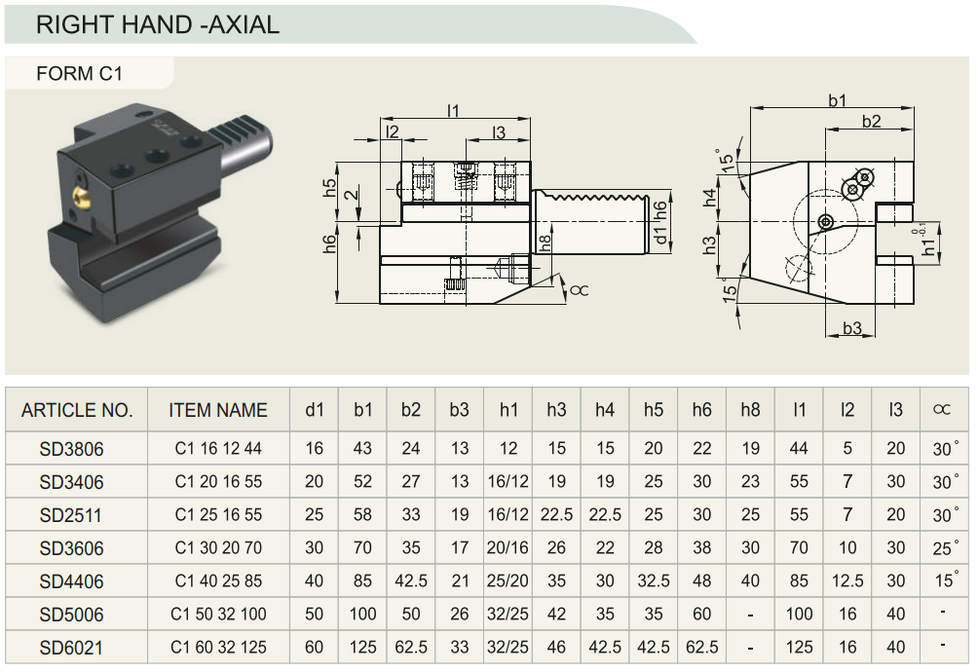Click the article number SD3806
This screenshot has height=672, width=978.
point(71,449)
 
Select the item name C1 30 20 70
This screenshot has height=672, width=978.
point(218,548)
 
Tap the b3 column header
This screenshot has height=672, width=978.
point(459,410)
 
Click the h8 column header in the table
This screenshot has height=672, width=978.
point(750,410)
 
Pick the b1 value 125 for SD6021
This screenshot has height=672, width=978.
point(362,648)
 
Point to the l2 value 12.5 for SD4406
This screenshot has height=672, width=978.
point(847,581)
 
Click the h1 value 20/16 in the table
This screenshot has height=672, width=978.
point(508,548)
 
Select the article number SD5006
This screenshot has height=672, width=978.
point(71,615)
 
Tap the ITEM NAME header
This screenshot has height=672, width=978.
point(217,410)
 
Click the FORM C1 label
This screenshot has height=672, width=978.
point(79,74)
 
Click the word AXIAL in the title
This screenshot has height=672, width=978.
point(244,25)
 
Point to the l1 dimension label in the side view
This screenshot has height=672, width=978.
point(454,110)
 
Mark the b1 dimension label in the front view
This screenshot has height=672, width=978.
point(837,100)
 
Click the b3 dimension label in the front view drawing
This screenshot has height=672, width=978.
point(852,328)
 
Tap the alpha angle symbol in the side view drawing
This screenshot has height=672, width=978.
point(579,290)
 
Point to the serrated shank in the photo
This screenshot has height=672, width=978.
point(242,141)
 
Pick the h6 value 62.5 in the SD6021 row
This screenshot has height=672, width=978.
point(701,648)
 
